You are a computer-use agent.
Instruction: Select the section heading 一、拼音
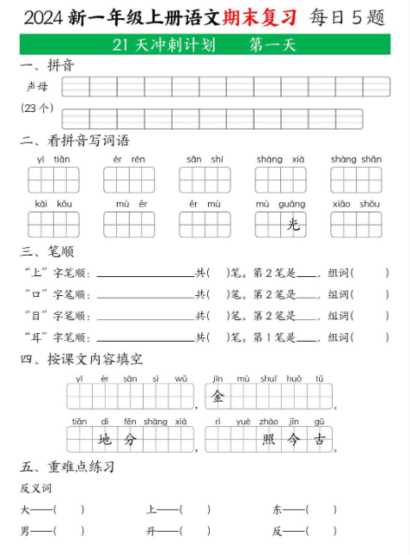46,66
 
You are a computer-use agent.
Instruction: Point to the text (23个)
37,109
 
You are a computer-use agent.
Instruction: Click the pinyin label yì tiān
53,159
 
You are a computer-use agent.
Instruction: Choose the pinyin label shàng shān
356,159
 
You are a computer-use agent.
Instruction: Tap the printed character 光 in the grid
293,225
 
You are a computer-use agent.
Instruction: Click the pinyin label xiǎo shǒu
356,204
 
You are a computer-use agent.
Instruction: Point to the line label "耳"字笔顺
58,337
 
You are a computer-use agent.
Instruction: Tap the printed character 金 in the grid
218,397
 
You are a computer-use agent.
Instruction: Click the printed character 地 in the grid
106,441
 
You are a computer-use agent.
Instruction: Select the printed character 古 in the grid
320,441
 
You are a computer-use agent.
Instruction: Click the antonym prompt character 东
278,509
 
